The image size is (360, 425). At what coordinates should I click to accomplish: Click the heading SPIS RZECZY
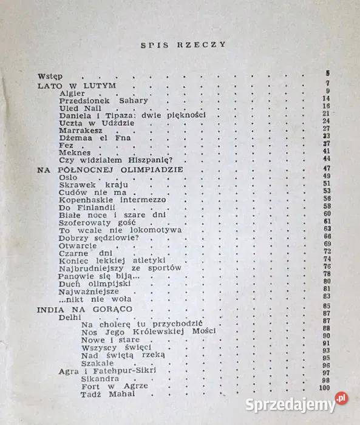pos(183,44)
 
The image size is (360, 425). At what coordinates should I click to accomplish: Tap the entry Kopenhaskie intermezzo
pos(112,199)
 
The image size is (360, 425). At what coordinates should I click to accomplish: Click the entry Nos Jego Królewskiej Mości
pos(148,332)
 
